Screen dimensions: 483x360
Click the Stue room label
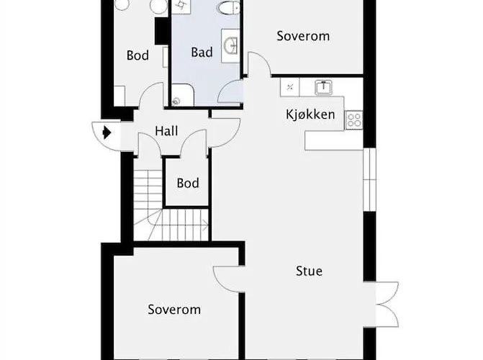309,271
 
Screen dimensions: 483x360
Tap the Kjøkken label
310,114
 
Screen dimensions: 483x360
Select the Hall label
166,131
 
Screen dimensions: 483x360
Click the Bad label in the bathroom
202,52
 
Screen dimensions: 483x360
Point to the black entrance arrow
107,133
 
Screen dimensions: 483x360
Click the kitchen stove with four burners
354,120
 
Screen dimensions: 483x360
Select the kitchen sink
324,87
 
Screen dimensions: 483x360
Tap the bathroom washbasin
230,46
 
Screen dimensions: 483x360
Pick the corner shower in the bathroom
182,95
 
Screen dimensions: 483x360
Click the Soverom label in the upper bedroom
303,36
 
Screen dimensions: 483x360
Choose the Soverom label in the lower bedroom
174,310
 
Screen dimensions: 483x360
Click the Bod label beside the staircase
188,184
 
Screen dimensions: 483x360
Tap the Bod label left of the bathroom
137,55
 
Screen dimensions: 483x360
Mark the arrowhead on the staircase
204,225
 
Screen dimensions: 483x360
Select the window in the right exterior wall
370,180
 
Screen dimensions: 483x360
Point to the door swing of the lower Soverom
229,279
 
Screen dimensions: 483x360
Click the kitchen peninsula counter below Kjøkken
333,140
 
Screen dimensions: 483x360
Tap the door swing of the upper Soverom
258,64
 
